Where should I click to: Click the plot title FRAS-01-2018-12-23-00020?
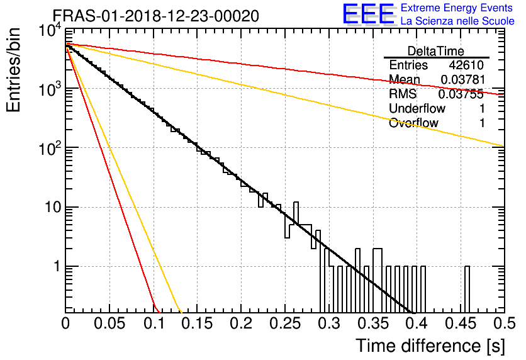[x=156, y=16]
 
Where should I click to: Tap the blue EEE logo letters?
[x=369, y=14]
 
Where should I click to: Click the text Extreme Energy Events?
[x=457, y=8]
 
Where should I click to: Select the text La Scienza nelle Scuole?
[x=457, y=21]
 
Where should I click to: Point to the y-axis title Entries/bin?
[x=13, y=70]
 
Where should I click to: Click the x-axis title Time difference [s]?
[x=430, y=346]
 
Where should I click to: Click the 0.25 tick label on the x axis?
[x=285, y=323]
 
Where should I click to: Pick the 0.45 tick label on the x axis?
[x=461, y=323]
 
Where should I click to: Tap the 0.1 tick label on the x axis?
[x=155, y=323]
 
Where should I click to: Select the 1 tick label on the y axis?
[x=57, y=266]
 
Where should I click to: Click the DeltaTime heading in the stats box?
[x=436, y=51]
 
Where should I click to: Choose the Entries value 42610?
[x=466, y=65]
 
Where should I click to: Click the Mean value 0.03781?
[x=463, y=79]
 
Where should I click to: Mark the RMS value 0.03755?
[x=461, y=94]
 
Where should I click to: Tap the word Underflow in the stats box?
[x=417, y=108]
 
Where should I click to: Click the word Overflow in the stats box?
[x=413, y=123]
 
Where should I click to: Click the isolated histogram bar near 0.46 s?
[x=467, y=290]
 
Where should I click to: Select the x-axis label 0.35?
[x=372, y=323]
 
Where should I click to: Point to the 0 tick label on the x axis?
[x=65, y=323]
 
